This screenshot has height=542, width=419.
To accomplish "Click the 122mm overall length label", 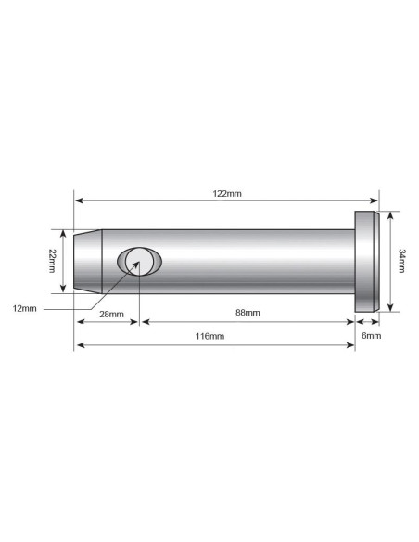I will pos(227,194).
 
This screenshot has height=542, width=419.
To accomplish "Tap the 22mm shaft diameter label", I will pos(55,262).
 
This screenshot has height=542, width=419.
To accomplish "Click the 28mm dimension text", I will pos(111,314).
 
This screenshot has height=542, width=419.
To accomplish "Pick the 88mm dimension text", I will pos(248,314).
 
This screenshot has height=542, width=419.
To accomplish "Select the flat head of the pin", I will pos(367,261).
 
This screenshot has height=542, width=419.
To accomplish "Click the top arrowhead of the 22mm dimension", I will pos(64,233).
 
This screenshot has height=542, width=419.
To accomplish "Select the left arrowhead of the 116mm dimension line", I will pos(79,345).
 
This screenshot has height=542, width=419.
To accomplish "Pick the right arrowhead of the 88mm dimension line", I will pos(351,323).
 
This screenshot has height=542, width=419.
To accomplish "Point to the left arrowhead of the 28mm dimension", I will pos(79,323).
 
